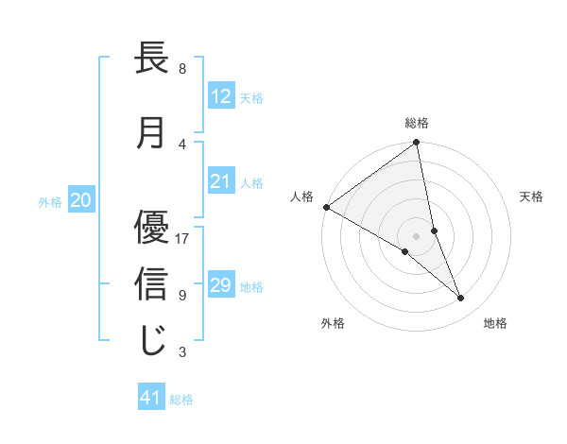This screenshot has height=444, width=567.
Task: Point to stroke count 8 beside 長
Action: [x=182, y=69]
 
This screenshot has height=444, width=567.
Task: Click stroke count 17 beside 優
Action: [x=183, y=238]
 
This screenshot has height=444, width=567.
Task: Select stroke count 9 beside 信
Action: [x=182, y=295]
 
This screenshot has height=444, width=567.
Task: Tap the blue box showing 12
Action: [x=221, y=95]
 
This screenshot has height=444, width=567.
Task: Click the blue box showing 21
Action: [x=221, y=181]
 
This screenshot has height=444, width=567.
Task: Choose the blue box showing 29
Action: [x=221, y=285]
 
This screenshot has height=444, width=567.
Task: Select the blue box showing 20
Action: [x=81, y=200]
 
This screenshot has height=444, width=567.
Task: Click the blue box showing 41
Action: [x=151, y=398]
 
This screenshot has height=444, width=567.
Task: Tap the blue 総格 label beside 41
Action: [x=181, y=400]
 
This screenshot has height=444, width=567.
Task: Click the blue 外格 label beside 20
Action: [x=50, y=201]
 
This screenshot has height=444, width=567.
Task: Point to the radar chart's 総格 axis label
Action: [x=417, y=123]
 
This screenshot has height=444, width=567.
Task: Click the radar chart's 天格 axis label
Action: [x=532, y=196]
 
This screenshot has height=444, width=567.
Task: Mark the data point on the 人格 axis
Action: [x=326, y=207]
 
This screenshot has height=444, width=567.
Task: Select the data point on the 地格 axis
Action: [x=461, y=299]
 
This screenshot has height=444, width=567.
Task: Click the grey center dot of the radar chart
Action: [x=417, y=235]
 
